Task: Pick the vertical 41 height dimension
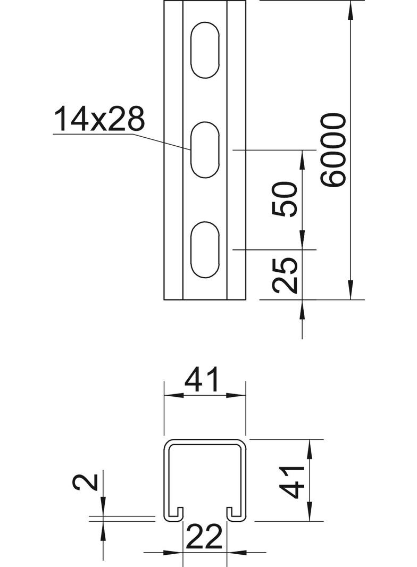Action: (292, 481)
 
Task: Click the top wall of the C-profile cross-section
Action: (205, 441)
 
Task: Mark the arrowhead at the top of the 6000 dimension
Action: (351, 8)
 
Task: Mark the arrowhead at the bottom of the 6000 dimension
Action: (351, 293)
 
